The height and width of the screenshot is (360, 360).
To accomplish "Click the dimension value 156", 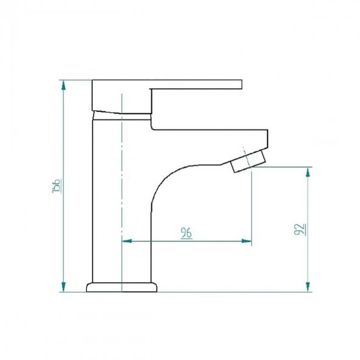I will point(56,186).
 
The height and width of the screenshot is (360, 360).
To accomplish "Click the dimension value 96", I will point(186,233).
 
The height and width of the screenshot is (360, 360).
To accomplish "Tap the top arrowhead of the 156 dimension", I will point(63,84).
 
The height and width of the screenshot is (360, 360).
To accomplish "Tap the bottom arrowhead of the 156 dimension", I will point(63,287).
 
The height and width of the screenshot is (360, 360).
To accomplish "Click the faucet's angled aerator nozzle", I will point(249,159).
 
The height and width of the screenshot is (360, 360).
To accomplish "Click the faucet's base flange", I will point(122,286).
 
